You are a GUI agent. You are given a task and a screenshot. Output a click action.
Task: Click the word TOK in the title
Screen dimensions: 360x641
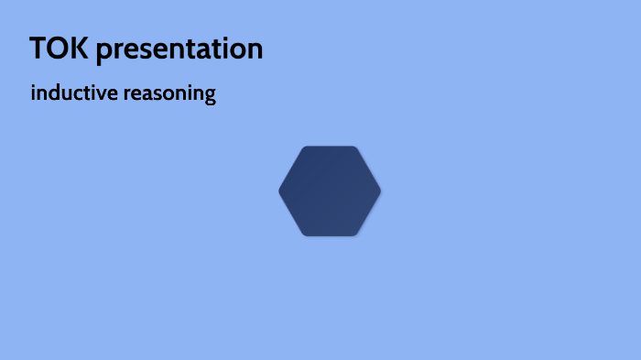[59, 49]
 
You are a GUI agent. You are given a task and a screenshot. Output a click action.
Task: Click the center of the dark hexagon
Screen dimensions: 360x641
[330, 191]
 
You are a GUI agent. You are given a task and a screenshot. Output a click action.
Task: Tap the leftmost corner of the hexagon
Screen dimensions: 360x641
[280, 191]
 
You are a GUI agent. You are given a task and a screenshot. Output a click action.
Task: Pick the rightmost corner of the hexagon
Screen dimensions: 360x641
[379, 191]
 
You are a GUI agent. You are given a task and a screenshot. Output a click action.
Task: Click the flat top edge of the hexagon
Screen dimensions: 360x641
[330, 147]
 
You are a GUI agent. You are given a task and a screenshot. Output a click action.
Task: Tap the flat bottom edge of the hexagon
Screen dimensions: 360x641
[330, 235]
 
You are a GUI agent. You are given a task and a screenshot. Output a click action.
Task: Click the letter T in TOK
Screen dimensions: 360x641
[38, 49]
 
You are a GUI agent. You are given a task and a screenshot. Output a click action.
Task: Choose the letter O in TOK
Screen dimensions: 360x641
[58, 49]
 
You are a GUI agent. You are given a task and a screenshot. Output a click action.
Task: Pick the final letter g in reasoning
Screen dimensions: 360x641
[210, 96]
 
